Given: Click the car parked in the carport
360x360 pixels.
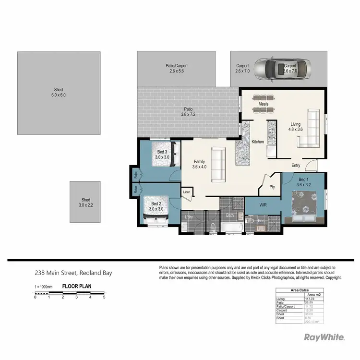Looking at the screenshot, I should [x=278, y=69].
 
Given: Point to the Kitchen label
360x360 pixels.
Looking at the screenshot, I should [x=258, y=142].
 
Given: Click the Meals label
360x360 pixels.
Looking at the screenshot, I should [x=263, y=104].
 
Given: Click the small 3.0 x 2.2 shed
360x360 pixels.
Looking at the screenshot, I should [x=85, y=202].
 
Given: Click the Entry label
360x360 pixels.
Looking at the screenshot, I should [x=296, y=166].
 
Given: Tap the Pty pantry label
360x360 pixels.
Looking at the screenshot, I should [x=272, y=187].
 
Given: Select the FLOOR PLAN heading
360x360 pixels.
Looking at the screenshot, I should [x=77, y=287].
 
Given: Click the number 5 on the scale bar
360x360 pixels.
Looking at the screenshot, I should [x=104, y=297].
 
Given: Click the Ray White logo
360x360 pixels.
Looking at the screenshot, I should [x=324, y=337].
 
